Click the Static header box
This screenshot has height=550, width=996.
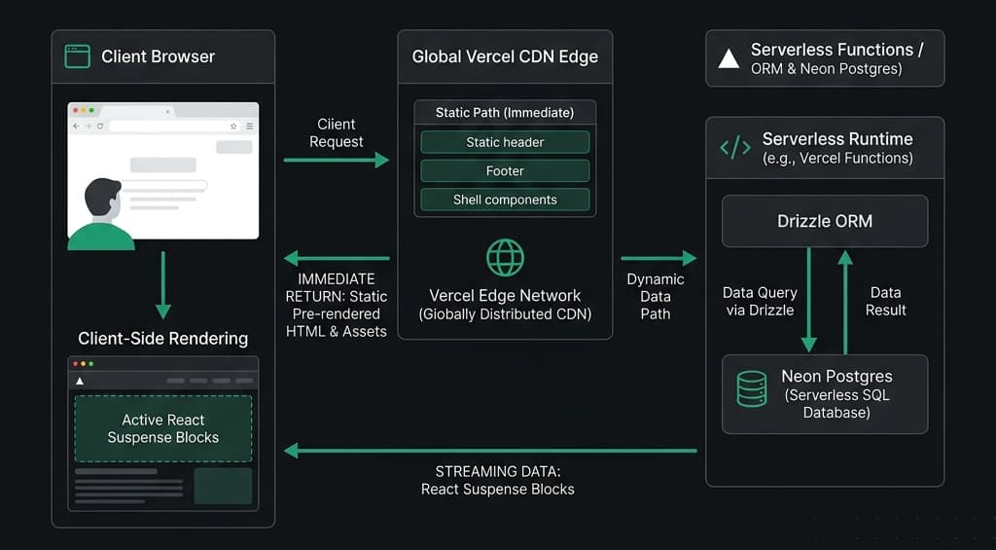click(505, 142)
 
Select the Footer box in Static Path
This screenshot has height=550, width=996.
click(505, 171)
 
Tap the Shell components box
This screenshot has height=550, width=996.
click(505, 200)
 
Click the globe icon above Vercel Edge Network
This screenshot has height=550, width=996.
click(505, 258)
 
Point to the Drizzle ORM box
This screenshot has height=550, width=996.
click(825, 221)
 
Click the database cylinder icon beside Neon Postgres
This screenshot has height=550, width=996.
click(751, 389)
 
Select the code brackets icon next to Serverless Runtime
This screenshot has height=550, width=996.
click(735, 148)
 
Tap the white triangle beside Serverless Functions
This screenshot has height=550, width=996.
click(729, 59)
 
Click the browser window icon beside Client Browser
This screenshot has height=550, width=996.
click(78, 56)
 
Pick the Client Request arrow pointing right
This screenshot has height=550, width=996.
click(336, 160)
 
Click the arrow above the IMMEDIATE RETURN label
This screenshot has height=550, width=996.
click(336, 258)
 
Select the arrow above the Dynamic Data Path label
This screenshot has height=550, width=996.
click(658, 258)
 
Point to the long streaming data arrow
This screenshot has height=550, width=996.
click(490, 451)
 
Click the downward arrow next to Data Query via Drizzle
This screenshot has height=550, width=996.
click(808, 300)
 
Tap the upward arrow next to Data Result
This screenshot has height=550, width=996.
click(845, 302)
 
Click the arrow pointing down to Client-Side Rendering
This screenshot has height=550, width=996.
click(163, 285)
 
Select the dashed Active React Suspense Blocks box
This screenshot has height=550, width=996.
click(163, 428)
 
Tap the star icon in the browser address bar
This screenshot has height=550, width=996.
click(233, 127)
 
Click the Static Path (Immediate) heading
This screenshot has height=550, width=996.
click(505, 113)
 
